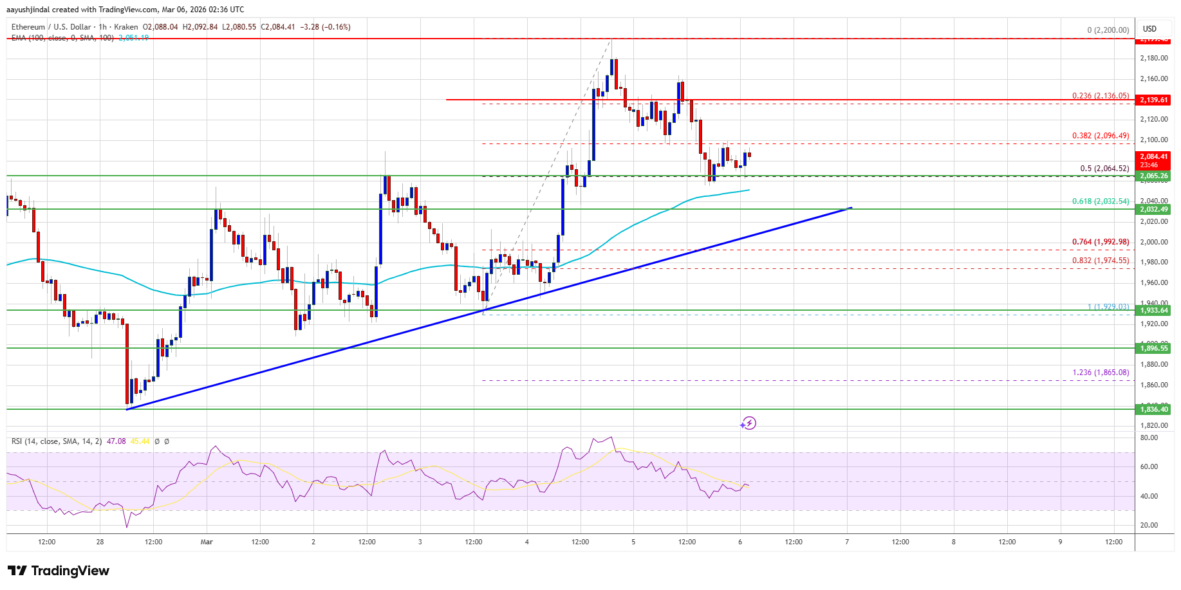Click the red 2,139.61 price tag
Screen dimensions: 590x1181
pos(1153,100)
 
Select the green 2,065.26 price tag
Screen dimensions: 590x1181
pos(1153,176)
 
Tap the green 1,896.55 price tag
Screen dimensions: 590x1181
pos(1153,348)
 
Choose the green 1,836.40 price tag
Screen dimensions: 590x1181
pos(1153,409)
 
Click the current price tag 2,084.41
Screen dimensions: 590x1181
pos(1153,156)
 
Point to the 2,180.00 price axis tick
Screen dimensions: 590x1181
pos(1153,58)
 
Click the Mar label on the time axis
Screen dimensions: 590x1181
pos(207,542)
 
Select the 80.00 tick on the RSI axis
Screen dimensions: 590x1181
pos(1149,438)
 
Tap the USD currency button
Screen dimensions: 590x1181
pos(1149,29)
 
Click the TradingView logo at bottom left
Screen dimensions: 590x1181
pos(59,571)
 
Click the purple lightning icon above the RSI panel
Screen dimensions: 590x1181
pos(748,423)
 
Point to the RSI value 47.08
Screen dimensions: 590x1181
pos(116,441)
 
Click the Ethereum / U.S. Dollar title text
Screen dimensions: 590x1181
pos(52,27)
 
